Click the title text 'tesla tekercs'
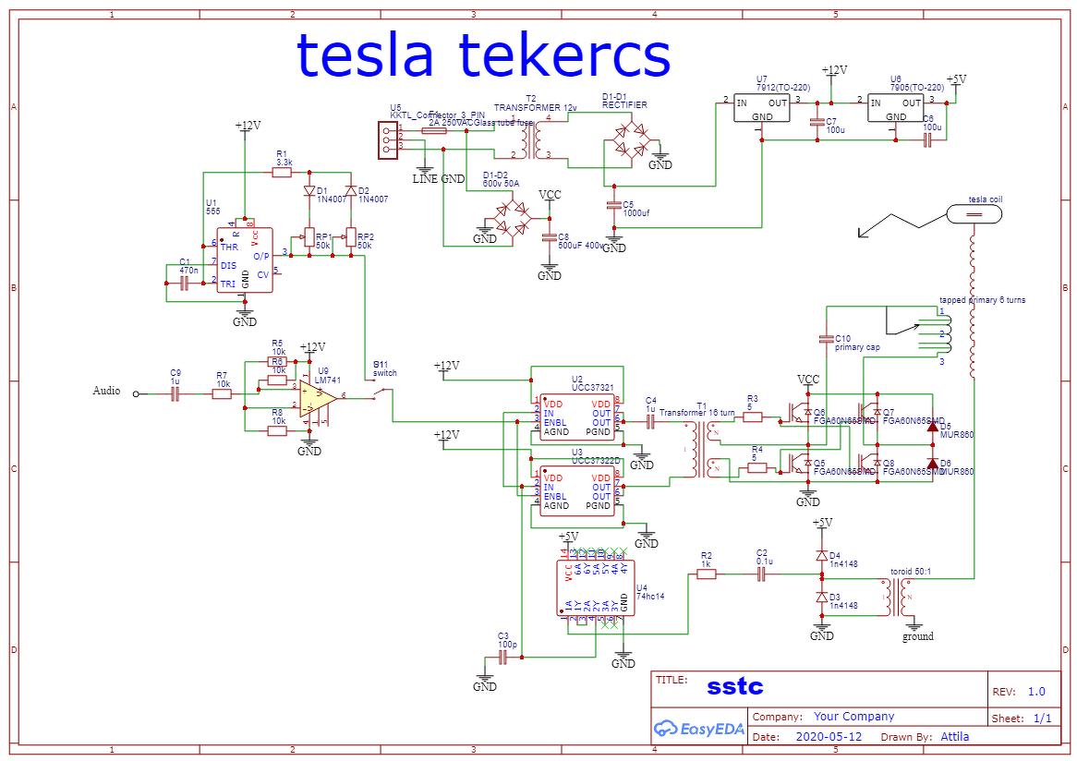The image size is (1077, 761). coord(482,55)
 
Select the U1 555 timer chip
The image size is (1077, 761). coord(245,260)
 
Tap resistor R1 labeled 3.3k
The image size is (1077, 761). coord(284,173)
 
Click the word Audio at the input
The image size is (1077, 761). coord(106,391)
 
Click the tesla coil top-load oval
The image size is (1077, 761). coord(973,213)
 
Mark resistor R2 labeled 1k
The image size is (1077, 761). coord(707,574)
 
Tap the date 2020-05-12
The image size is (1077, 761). coord(829,737)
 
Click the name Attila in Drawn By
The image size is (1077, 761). coord(954,737)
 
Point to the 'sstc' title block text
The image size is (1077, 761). coord(735,687)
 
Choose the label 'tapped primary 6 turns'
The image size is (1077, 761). coord(982,300)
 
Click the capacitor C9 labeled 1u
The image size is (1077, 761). coord(175,393)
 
